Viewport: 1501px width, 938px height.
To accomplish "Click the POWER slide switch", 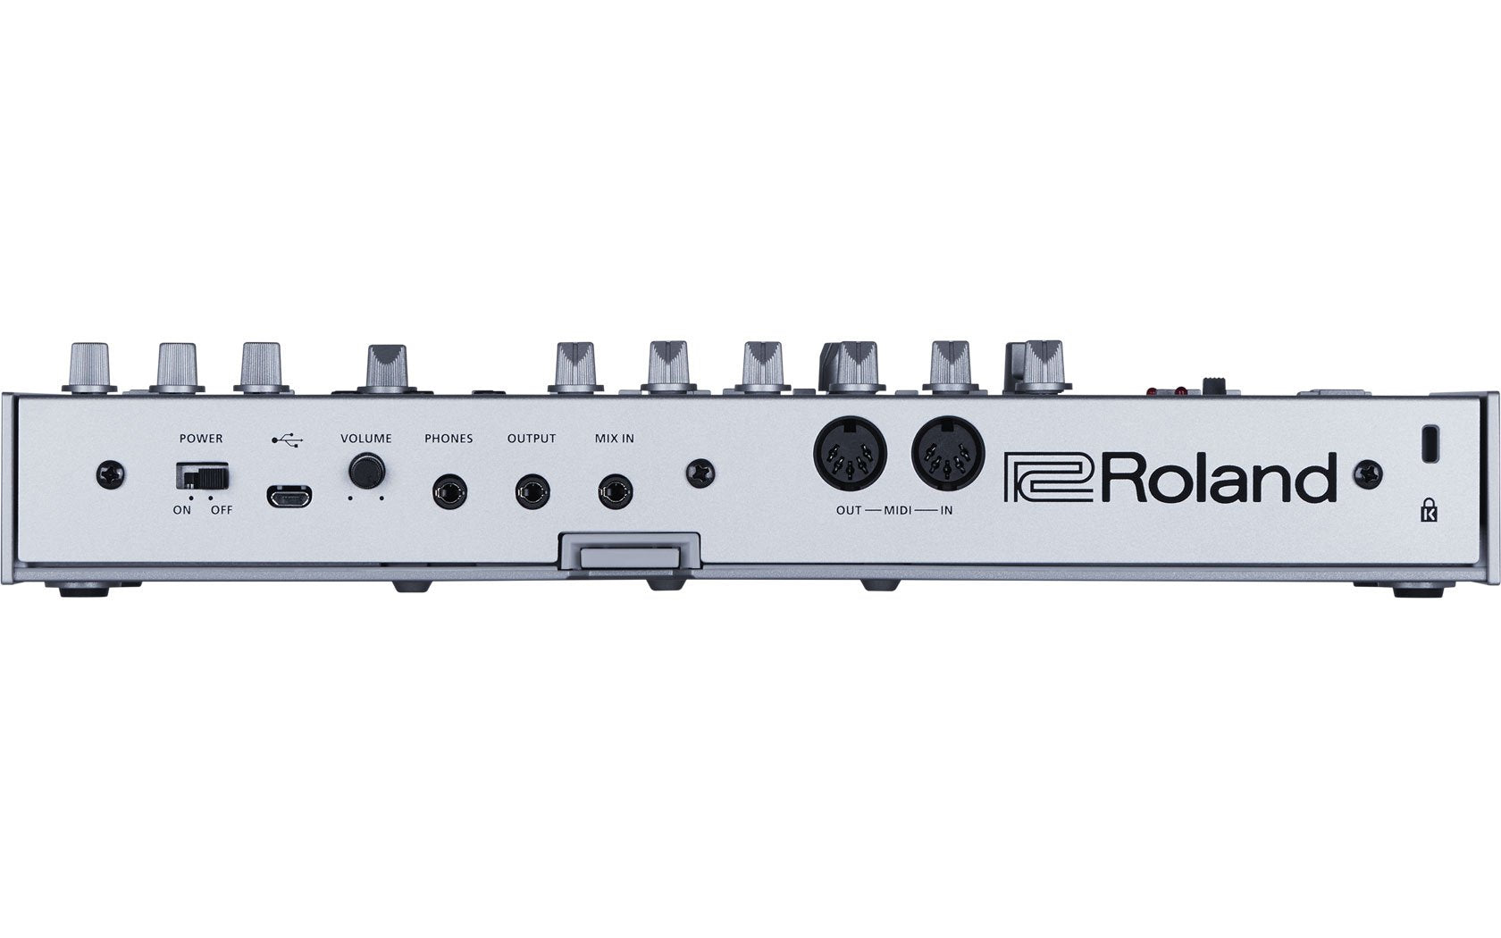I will pos(203,474).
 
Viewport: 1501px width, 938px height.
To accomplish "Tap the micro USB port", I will pos(289,495).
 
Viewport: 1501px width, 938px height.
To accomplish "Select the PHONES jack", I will pos(449,491).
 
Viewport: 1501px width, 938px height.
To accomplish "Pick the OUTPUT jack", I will pos(532,491).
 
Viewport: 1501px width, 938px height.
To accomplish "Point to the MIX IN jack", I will pos(616,491).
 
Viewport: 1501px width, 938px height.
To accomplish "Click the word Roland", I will pos(1223,478).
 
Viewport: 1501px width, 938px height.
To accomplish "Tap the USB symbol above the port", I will pos(287,439).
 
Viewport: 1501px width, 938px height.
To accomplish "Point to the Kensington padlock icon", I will pos(1430,512).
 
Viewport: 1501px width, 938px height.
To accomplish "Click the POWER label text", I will pos(201,439).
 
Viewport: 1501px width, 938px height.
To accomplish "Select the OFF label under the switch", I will pos(221,510).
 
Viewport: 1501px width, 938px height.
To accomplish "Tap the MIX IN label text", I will pos(615,439).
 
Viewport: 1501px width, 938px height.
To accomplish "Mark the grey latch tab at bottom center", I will pos(629,557).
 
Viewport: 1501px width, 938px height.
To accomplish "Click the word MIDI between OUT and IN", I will pos(898,510).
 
